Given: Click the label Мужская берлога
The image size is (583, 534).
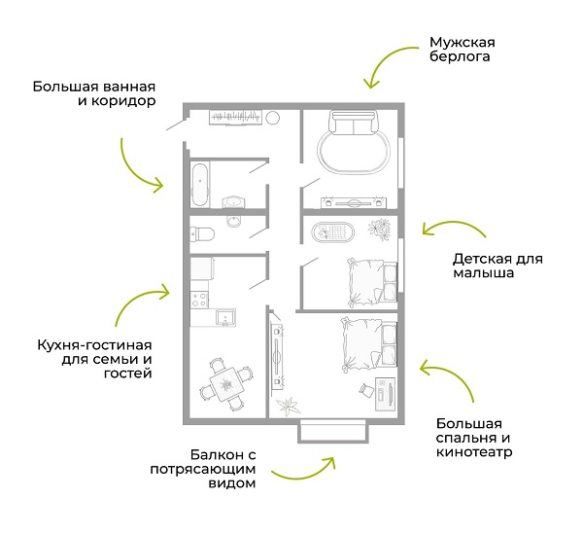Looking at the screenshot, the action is coord(463,50).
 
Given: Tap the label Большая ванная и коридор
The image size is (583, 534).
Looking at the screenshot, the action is coord(94,93).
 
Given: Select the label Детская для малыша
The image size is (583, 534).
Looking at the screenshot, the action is coord(497,266).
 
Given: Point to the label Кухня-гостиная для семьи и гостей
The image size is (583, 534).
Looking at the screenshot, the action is coord(95,359).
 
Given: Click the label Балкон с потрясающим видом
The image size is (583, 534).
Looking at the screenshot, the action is coord(203,469).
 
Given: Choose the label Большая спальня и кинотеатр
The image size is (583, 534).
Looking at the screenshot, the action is coord(474,438).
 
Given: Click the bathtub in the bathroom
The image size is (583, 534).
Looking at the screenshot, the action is coord(199,184).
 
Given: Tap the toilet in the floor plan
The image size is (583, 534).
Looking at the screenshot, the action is coord(202,234).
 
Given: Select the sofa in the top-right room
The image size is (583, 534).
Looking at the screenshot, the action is coord(354,123).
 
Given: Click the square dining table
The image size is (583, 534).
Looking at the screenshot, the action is coord(226,384).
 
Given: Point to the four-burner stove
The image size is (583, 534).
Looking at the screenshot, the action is coord(199,300).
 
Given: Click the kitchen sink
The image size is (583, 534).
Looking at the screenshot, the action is coord(225,317).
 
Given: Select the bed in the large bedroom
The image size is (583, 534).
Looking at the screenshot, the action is coord(369,344).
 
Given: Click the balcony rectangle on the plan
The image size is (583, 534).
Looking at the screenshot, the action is coord(333,431).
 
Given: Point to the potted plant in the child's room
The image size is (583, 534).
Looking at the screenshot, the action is coord(379,229).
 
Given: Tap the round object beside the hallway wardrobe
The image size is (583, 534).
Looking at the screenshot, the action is coord(272,118).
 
